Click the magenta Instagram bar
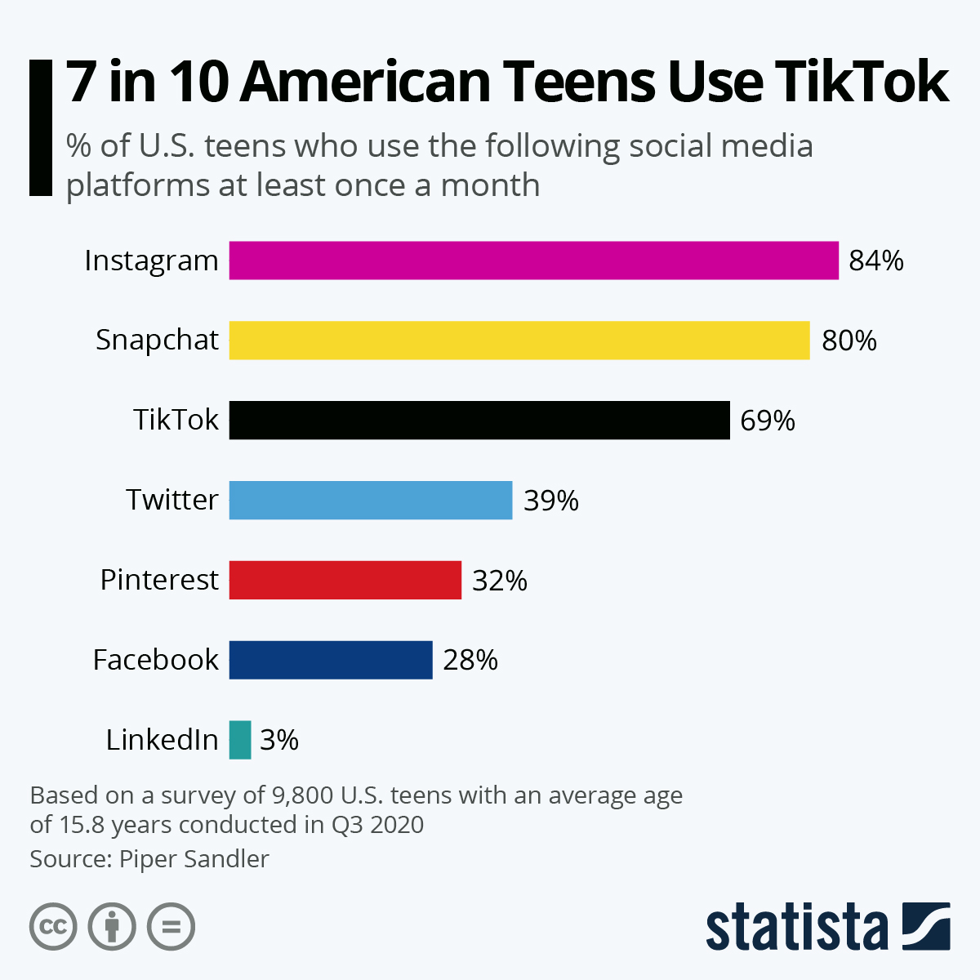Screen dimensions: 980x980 pyautogui.click(x=533, y=261)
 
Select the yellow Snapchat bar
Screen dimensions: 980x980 pyautogui.click(x=519, y=340)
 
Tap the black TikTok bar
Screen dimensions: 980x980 pyautogui.click(x=479, y=420)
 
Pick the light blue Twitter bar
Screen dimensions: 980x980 pyautogui.click(x=371, y=500)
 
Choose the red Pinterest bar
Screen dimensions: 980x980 pyautogui.click(x=345, y=580)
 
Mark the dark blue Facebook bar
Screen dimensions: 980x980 pyautogui.click(x=331, y=660)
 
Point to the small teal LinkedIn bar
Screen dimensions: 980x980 pyautogui.click(x=240, y=740)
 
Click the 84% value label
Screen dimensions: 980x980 pyautogui.click(x=876, y=261)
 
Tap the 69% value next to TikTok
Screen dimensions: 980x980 pyautogui.click(x=768, y=421)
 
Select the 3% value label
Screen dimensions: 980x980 pyautogui.click(x=279, y=740)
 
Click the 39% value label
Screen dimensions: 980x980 pyautogui.click(x=551, y=500)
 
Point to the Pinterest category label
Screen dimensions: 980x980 pyautogui.click(x=159, y=580)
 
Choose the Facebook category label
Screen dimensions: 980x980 pyautogui.click(x=156, y=660)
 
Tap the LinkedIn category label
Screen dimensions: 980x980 pyautogui.click(x=163, y=740)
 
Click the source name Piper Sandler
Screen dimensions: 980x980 pyautogui.click(x=194, y=859)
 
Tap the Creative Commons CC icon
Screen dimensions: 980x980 pyautogui.click(x=53, y=927)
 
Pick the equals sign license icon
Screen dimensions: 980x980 pyautogui.click(x=171, y=927)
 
